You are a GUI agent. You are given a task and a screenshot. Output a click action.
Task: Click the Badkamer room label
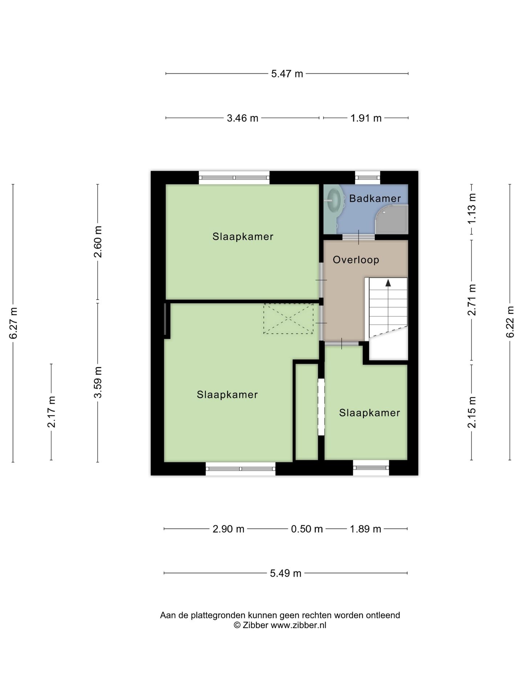[375, 198]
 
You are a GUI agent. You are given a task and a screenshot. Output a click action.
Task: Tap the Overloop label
[356, 260]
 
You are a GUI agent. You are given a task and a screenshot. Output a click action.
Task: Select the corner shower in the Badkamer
[392, 219]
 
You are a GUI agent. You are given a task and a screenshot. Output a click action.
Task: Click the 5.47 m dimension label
[287, 74]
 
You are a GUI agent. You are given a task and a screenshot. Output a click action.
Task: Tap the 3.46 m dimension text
[243, 118]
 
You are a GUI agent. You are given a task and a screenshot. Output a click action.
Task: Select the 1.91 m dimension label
[366, 118]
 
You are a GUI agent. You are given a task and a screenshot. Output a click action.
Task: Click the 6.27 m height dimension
[13, 323]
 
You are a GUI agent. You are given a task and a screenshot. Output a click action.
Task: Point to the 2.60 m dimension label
[98, 242]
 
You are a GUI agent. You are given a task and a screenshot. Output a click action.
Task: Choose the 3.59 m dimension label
[98, 382]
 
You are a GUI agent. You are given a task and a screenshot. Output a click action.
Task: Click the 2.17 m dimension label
[52, 412]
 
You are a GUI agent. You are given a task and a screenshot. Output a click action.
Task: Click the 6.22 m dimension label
[510, 322]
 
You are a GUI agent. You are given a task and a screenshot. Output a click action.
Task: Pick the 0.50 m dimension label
[307, 529]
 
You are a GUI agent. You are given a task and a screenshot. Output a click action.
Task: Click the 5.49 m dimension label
[286, 573]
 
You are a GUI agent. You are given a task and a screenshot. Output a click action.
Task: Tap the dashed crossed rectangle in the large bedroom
[288, 318]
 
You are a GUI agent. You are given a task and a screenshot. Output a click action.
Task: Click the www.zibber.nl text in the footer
[299, 625]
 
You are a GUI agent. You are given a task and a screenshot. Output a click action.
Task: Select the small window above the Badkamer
[368, 177]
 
